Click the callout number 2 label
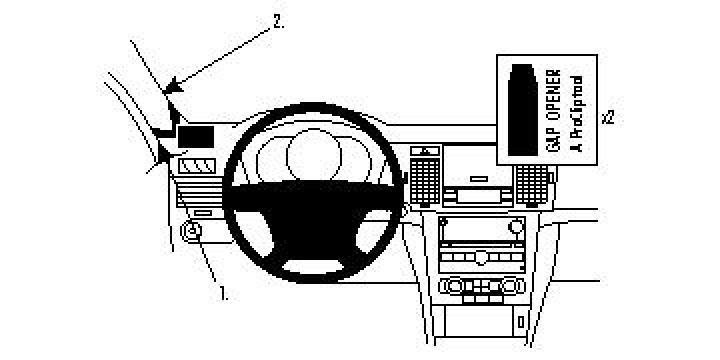coord(278,21)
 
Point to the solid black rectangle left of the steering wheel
coord(196,135)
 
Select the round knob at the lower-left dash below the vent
coord(193,233)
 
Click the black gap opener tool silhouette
coord(522,110)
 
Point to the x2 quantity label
coord(607,116)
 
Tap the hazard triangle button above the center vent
coord(427,152)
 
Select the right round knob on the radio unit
coord(516,229)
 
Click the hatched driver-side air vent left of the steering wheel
coord(197,168)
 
